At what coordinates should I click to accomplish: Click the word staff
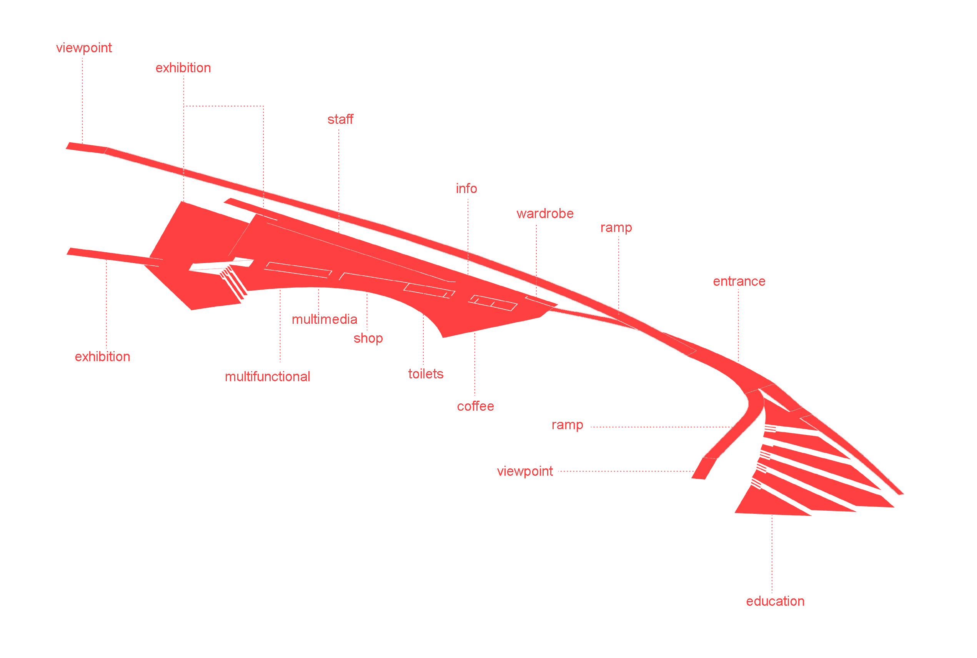[x=340, y=120]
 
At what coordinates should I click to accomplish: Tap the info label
[x=466, y=189]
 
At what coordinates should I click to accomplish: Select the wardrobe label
[x=544, y=213]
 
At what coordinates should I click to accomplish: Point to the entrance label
[x=739, y=281]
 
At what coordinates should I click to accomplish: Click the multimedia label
[x=324, y=319]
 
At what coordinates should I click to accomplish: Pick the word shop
[x=368, y=338]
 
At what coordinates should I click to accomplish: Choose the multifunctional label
[x=267, y=376]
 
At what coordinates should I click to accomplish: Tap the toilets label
[x=425, y=374]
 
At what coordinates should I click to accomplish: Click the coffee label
[x=475, y=406]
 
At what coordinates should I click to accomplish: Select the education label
[x=775, y=601]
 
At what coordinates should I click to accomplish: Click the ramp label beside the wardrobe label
[x=616, y=227]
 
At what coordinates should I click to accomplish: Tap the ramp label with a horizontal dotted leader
[x=567, y=425]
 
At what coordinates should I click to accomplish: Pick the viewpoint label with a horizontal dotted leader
[x=525, y=471]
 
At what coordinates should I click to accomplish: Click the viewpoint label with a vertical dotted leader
[x=84, y=48]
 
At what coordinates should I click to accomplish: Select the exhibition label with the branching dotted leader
[x=183, y=68]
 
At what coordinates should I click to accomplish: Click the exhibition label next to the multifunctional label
[x=102, y=357]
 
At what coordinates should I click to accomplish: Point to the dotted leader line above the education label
[x=771, y=554]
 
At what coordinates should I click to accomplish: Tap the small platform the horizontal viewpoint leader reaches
[x=704, y=469]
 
